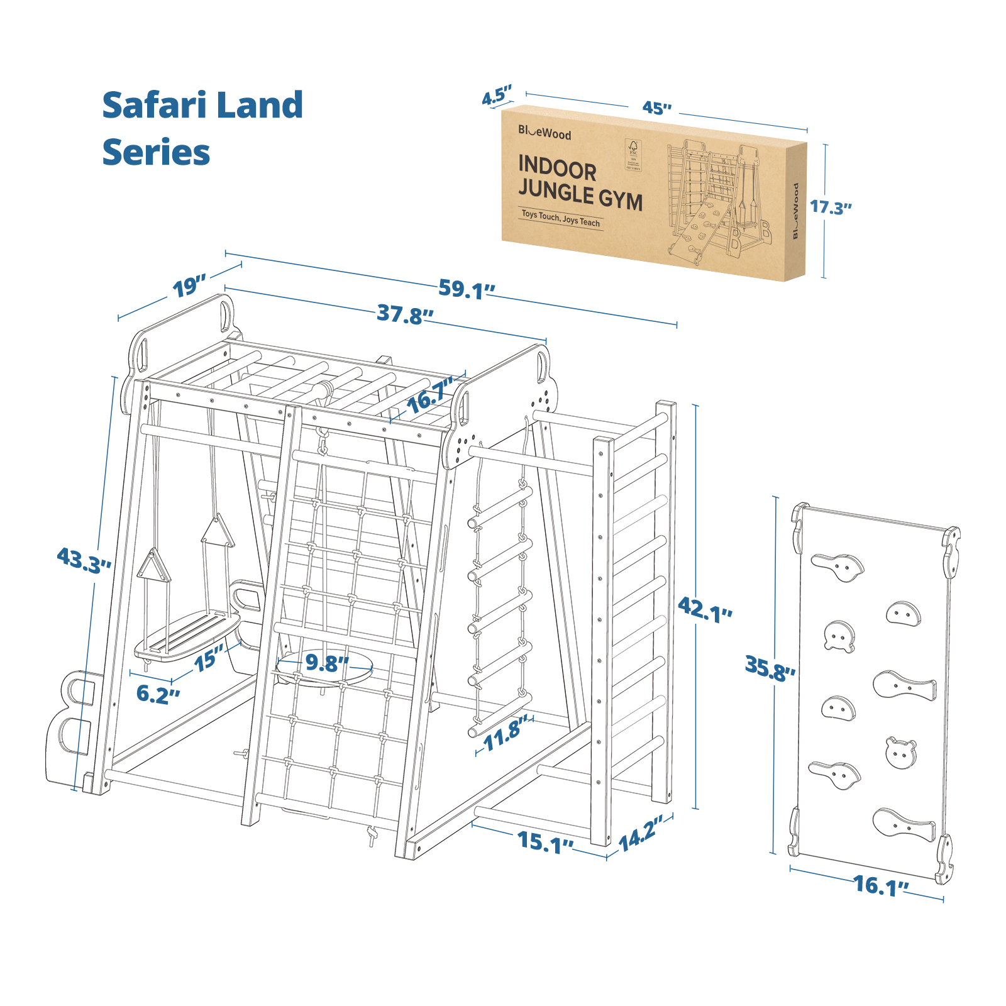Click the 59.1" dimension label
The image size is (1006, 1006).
[466, 289]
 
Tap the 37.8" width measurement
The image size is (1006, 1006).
[404, 314]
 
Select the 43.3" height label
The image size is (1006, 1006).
[84, 560]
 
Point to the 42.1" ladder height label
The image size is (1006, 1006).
[704, 609]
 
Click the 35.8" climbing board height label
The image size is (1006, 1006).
[769, 668]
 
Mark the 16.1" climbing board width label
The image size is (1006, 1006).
[880, 886]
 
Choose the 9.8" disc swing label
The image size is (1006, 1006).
[326, 663]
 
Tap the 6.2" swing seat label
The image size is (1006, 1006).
[158, 694]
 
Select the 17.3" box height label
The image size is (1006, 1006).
[829, 207]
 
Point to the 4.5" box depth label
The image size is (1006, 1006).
[497, 96]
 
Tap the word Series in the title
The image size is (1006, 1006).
[156, 153]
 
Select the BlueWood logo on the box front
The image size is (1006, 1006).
[544, 133]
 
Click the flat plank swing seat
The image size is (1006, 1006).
[187, 634]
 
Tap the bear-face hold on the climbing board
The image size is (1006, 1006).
[900, 752]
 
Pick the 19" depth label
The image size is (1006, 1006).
[189, 287]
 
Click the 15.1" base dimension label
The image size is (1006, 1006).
[544, 842]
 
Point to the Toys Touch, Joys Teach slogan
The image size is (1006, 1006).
[560, 218]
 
